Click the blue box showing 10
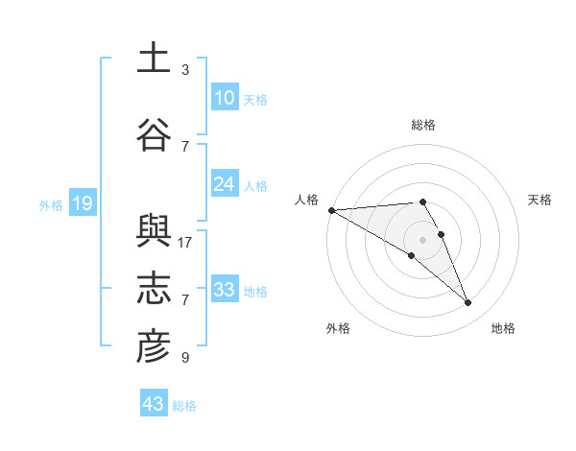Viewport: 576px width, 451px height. tap(224, 98)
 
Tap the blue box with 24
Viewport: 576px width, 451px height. tap(224, 184)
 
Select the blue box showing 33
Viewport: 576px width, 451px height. tap(224, 290)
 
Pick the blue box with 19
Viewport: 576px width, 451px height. tap(82, 203)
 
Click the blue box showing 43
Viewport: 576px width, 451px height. tap(154, 404)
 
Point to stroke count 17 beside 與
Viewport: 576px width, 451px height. tap(185, 243)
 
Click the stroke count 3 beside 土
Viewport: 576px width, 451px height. tap(185, 70)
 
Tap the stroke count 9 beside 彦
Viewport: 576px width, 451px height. tap(185, 358)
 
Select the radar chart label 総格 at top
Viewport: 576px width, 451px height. tap(423, 125)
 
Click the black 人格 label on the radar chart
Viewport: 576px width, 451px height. tap(306, 200)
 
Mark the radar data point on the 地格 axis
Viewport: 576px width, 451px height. tap(468, 303)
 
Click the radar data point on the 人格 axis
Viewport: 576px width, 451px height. tap(331, 210)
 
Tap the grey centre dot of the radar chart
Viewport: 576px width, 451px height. tap(423, 239)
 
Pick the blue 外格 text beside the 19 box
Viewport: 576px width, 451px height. tap(51, 204)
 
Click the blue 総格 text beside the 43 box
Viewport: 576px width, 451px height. tap(184, 406)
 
